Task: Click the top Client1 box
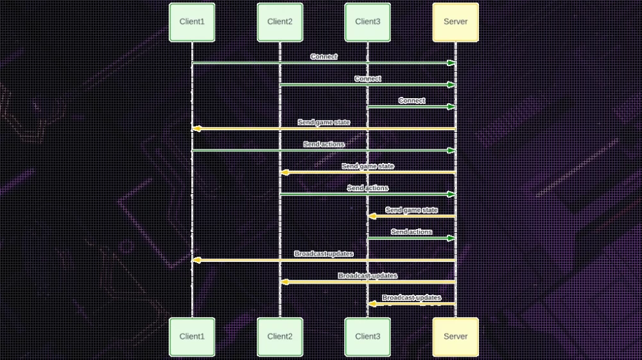click(192, 22)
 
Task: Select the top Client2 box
click(280, 22)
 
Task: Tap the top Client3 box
click(368, 22)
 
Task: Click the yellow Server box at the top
click(456, 22)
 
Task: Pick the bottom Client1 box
click(192, 336)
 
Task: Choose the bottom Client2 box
click(280, 336)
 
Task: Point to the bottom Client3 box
click(368, 336)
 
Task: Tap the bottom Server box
click(456, 336)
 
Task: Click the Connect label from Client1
click(324, 56)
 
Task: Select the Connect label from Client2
click(368, 78)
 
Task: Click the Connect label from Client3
click(412, 101)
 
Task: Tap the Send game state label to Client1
click(324, 122)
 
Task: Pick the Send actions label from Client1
click(324, 144)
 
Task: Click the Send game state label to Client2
click(368, 166)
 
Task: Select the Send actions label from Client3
click(412, 232)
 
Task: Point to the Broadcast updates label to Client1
click(324, 253)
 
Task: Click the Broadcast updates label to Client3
click(412, 298)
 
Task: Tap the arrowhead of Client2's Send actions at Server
click(451, 194)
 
